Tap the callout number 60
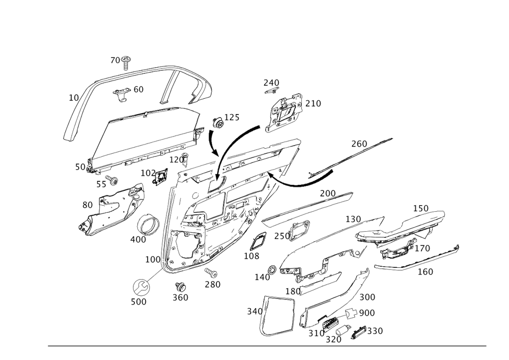click(x=138, y=89)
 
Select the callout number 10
click(x=74, y=96)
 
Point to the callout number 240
click(x=271, y=82)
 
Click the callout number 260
click(x=358, y=145)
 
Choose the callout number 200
click(x=328, y=193)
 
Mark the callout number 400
click(x=138, y=239)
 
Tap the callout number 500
click(x=138, y=301)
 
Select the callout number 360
click(x=180, y=297)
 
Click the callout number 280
click(x=213, y=284)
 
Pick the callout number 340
click(x=254, y=311)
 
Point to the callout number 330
click(x=375, y=331)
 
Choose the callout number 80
click(x=88, y=205)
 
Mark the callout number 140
click(x=263, y=277)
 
